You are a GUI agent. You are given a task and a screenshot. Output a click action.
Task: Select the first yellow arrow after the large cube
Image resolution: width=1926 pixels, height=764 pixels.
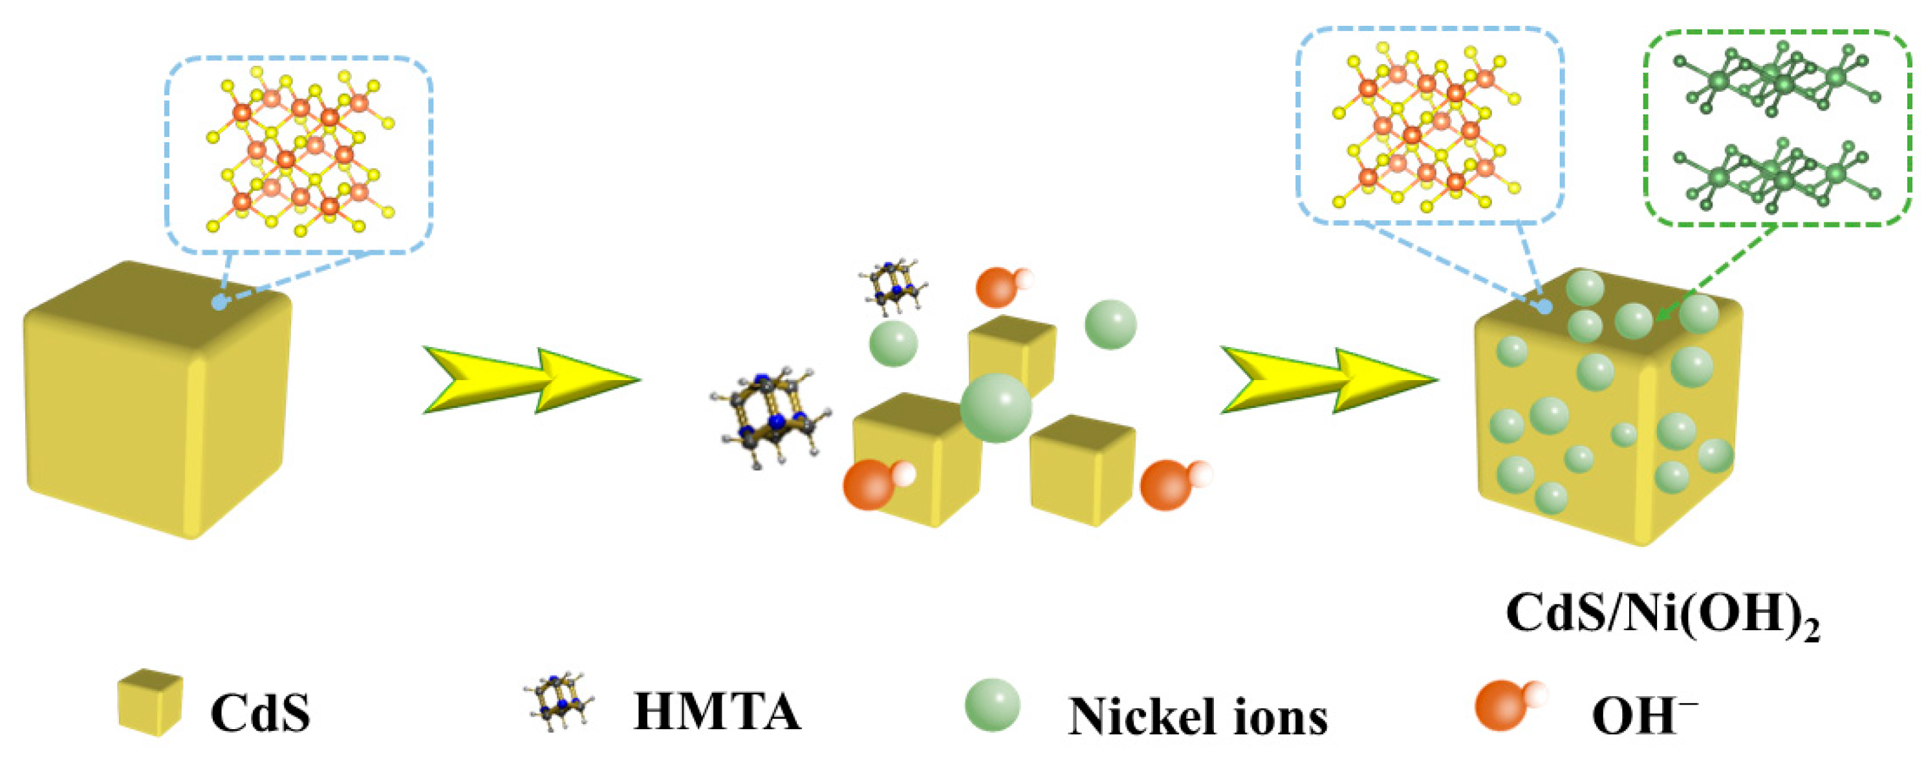(531, 380)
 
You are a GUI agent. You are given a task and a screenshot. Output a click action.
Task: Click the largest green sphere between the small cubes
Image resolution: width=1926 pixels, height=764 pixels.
(995, 408)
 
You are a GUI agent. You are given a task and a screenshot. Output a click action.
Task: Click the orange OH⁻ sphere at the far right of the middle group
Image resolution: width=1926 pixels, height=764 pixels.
(1168, 484)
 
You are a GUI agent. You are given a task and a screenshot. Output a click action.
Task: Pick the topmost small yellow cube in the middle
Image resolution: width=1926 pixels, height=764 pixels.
(1012, 352)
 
